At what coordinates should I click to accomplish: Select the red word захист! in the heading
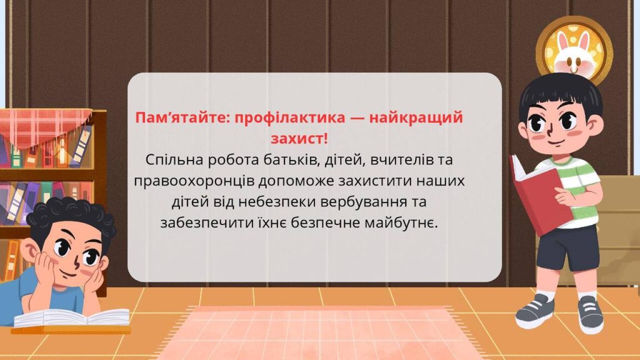pos(299,139)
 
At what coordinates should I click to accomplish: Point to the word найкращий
pos(416,118)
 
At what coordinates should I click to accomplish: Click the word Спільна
pos(174,160)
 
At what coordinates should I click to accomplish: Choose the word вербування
pos(361,202)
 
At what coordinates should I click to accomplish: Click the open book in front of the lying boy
pos(72,318)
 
